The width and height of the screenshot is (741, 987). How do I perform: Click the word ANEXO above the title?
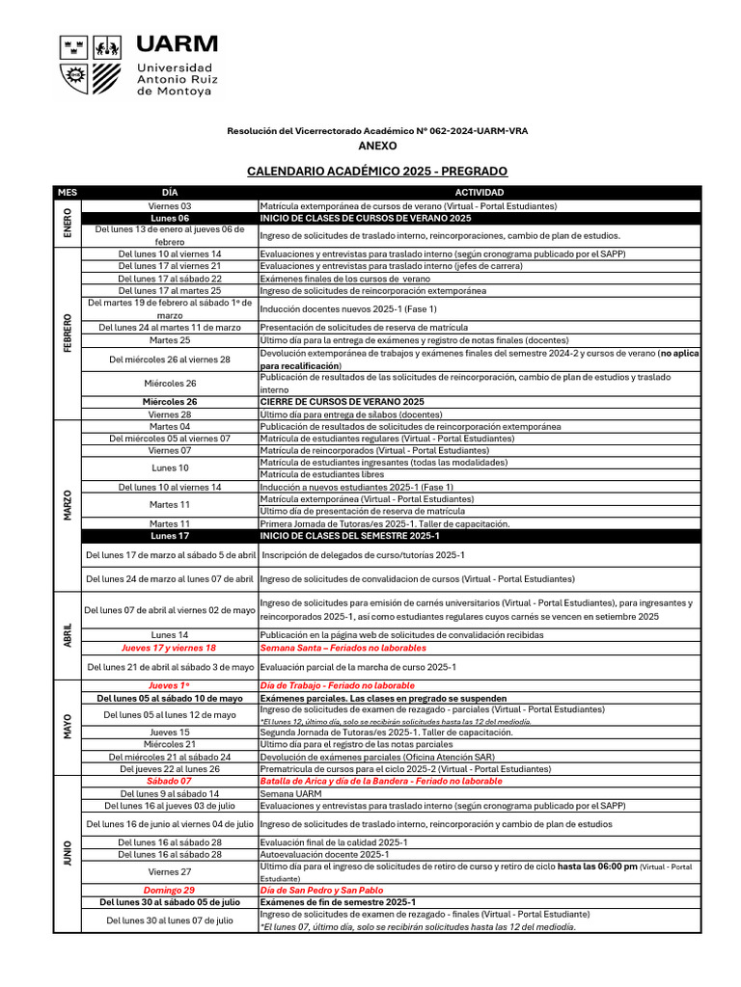pos(377,146)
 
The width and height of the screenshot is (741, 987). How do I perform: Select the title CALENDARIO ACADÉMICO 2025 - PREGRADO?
pos(377,172)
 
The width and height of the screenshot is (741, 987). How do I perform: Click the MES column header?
pos(67,193)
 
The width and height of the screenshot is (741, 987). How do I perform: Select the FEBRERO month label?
pos(67,333)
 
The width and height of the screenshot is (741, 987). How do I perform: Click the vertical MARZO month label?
pos(67,505)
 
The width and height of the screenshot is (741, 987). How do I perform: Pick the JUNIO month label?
pos(67,853)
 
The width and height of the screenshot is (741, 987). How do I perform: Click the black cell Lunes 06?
pos(170,219)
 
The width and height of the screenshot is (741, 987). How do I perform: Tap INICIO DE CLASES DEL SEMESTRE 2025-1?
pos(350,536)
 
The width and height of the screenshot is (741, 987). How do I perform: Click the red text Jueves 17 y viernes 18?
pos(170,649)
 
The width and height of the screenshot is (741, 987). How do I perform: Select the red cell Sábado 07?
pos(170,782)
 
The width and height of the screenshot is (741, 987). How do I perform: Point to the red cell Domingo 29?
pos(170,891)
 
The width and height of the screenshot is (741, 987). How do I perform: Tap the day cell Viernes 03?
pos(170,206)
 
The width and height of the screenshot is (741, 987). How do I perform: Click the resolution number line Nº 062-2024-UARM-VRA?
pos(377,130)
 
